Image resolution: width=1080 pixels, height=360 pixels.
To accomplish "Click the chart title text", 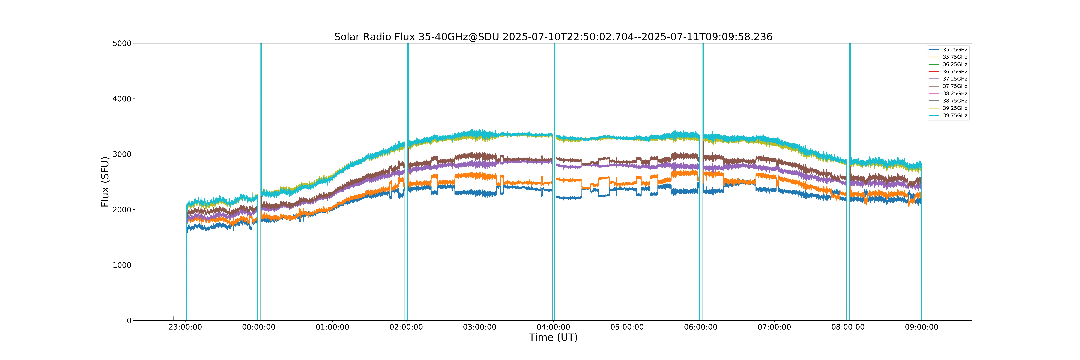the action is tap(553, 37).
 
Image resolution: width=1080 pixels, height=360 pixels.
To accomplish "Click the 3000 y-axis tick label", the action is tap(122, 154).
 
